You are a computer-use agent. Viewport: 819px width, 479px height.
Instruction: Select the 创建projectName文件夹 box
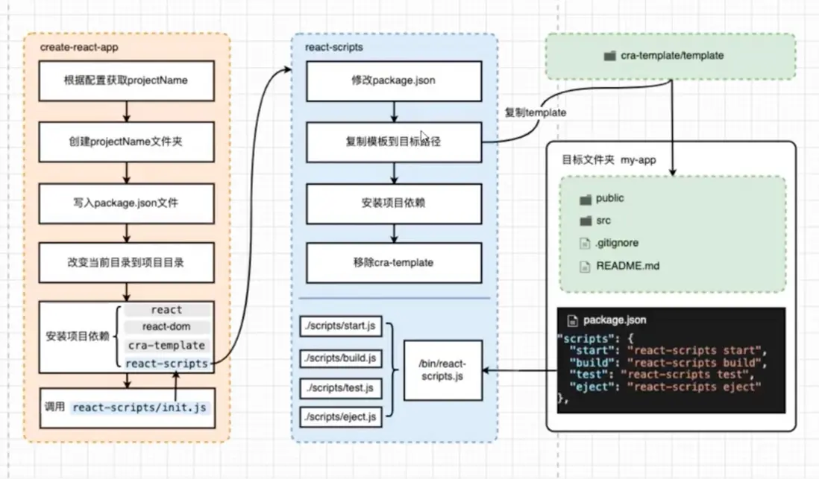(x=127, y=141)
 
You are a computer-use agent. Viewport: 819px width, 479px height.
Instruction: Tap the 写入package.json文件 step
(x=127, y=202)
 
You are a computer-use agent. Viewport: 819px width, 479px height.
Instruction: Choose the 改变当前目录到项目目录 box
(x=127, y=263)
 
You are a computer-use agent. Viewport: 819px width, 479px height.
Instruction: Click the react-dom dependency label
(x=166, y=327)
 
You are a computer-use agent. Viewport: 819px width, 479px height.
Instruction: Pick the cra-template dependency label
(x=166, y=346)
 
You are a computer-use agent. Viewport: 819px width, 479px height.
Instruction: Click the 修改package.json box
(x=393, y=80)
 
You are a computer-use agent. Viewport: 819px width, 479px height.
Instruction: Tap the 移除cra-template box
(x=393, y=262)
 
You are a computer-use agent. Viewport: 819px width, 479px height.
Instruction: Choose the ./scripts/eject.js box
(x=340, y=417)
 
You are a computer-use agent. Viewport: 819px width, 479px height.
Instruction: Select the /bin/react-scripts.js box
(x=442, y=371)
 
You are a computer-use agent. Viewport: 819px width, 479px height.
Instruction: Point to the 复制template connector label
(x=535, y=112)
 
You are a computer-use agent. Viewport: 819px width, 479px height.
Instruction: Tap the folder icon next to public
(x=586, y=199)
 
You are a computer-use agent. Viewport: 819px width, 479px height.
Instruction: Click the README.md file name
(x=627, y=265)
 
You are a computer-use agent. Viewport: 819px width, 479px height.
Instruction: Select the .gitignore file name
(x=617, y=243)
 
